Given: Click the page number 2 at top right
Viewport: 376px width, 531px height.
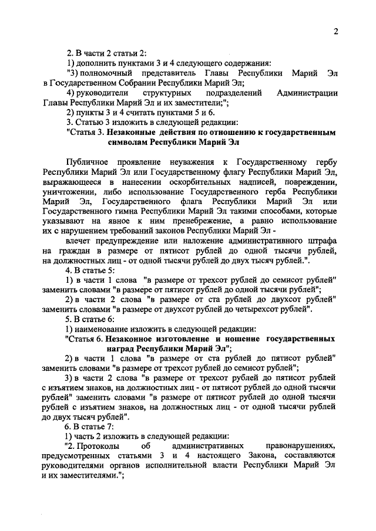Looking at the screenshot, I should click(x=335, y=32).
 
